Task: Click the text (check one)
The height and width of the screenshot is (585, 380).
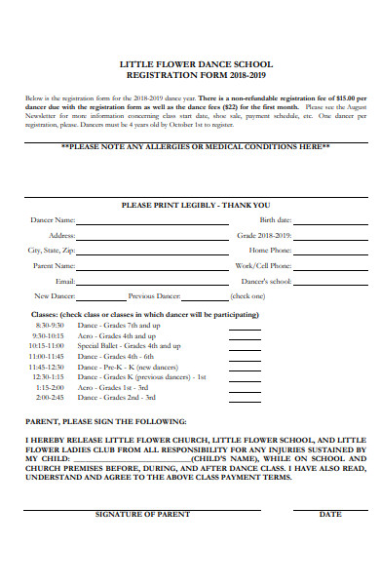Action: click(247, 295)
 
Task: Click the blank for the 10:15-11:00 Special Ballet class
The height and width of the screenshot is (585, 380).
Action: click(244, 348)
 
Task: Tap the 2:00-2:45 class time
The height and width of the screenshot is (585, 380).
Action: click(50, 397)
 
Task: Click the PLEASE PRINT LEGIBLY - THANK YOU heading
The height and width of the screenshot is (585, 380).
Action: click(195, 206)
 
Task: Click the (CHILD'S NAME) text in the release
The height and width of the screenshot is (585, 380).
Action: click(218, 457)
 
